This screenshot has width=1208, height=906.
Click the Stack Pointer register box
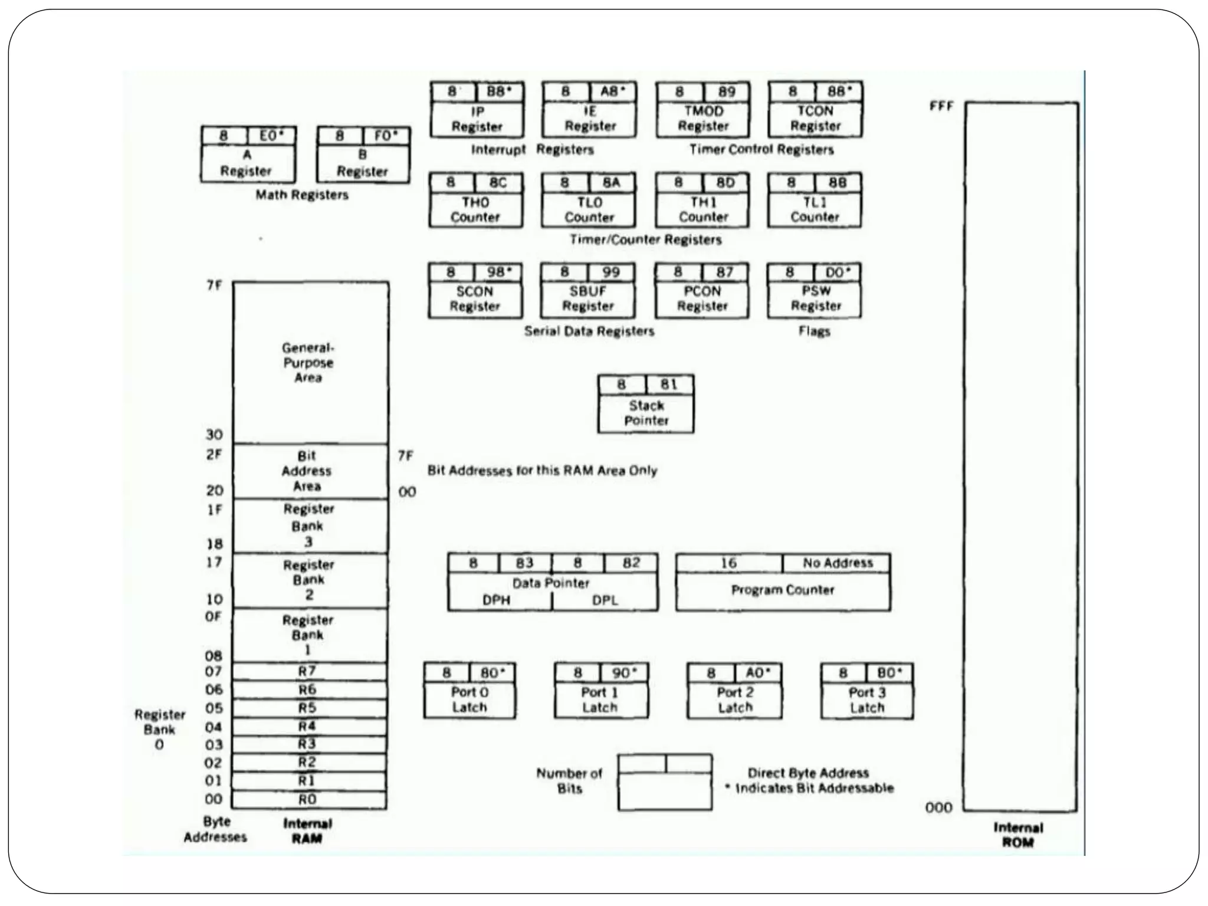pos(646,412)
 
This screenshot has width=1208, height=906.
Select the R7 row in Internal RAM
pos(307,671)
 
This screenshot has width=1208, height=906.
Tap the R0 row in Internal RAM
pos(307,799)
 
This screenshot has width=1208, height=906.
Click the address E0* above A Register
pos(271,136)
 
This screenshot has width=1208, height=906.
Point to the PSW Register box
pos(815,298)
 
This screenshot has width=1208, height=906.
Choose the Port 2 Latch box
pos(734,699)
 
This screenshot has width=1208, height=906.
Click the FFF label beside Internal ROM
pos(941,106)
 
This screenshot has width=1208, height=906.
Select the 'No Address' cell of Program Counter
pos(837,563)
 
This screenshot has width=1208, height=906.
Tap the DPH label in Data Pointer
pos(496,600)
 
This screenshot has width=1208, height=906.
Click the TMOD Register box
pos(703,118)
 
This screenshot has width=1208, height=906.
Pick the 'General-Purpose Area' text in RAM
pos(308,363)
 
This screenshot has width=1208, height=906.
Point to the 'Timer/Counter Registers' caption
pos(645,239)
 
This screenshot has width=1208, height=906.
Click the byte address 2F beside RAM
pos(214,455)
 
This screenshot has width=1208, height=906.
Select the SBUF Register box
pos(587,298)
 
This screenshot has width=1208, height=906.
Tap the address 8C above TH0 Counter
pos(498,182)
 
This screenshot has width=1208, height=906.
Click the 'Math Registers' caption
pos(301,195)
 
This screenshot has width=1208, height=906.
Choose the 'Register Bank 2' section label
pos(308,579)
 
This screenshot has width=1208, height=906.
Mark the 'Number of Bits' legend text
pos(569,780)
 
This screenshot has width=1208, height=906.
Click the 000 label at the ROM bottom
pos(938,807)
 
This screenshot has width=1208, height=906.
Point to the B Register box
pos(363,163)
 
